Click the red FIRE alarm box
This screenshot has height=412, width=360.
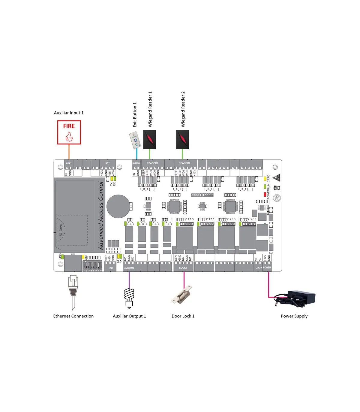[x=69, y=132]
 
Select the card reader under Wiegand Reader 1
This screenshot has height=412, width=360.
[x=149, y=139]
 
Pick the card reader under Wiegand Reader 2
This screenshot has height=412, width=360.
[x=182, y=139]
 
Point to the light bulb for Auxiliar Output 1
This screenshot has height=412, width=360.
[x=129, y=297]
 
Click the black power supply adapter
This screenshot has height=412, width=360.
[x=297, y=299]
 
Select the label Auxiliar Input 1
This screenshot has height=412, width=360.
[x=69, y=113]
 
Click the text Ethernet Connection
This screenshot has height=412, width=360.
[x=73, y=316]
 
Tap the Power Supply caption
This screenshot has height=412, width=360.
[x=294, y=316]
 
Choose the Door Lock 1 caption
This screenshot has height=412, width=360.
[x=183, y=316]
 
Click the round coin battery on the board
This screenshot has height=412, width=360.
[x=118, y=206]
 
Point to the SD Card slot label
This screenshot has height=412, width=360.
[x=61, y=230]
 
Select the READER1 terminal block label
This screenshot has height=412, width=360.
[x=152, y=163]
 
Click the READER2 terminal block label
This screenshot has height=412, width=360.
[x=184, y=163]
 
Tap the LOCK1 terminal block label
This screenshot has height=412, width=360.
[x=183, y=268]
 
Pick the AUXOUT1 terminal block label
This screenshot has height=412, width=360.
[x=129, y=268]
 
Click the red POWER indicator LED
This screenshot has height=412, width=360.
[x=265, y=195]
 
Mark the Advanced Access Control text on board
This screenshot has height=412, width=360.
[x=101, y=216]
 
